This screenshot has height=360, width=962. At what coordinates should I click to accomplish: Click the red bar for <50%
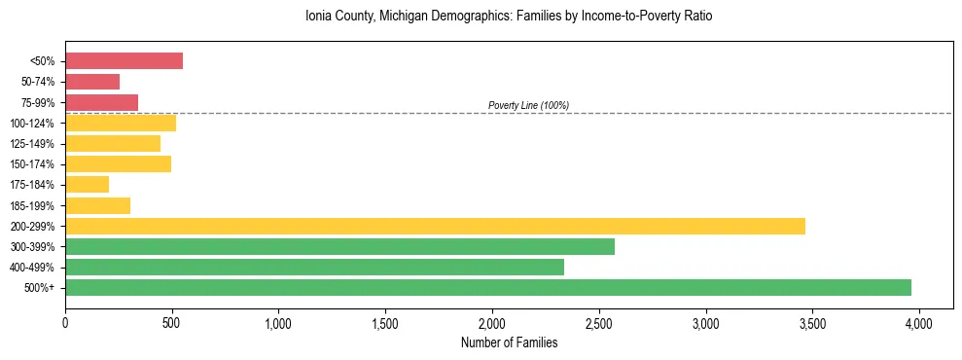coord(124,61)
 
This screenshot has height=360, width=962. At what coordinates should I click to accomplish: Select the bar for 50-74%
coord(92,82)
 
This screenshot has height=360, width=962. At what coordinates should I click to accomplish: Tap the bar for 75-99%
coord(101,102)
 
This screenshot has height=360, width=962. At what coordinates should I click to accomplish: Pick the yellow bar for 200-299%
coord(435,226)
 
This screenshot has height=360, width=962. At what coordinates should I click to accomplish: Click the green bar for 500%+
coord(488,287)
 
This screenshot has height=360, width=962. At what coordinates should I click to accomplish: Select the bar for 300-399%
coord(339,246)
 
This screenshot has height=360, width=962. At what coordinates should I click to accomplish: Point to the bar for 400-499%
coord(314,267)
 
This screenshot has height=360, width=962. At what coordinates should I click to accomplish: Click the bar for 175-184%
coord(87,185)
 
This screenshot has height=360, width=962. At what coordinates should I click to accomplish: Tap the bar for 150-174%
coord(118,163)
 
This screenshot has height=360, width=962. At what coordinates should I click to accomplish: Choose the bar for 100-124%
coord(121,123)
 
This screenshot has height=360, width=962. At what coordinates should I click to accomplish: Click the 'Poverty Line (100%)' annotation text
coord(528,105)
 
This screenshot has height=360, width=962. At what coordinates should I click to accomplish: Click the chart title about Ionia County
coord(509,17)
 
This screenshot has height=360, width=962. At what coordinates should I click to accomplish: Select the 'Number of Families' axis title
coord(509,342)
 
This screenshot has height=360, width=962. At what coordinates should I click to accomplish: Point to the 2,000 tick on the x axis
coord(492,320)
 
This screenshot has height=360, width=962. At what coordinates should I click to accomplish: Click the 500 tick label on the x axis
coord(172,320)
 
